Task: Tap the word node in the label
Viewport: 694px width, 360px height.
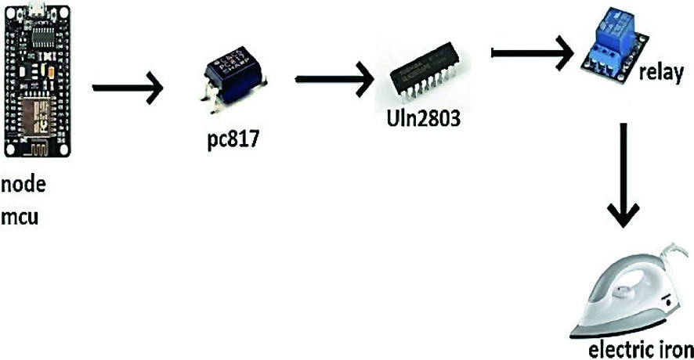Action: pos(23,189)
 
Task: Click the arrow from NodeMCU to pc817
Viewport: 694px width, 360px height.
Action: pos(128,88)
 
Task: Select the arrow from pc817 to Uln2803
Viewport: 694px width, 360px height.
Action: pos(333,79)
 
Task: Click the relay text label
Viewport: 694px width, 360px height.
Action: pos(661,74)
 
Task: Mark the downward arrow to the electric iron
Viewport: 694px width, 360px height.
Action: pos(624,175)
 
